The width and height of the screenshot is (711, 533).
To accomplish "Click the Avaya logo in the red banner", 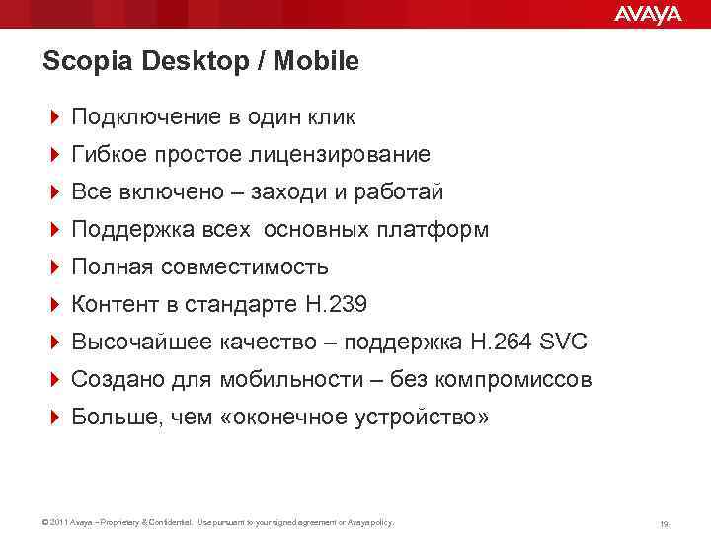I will (x=648, y=14).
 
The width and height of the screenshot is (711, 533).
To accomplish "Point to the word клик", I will (x=331, y=117).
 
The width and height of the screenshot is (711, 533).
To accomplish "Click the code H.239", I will (x=336, y=305).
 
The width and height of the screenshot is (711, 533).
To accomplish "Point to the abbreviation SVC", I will (x=562, y=343).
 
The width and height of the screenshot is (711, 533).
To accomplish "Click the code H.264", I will (x=499, y=343).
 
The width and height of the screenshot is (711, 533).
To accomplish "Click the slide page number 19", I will (x=666, y=523).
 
